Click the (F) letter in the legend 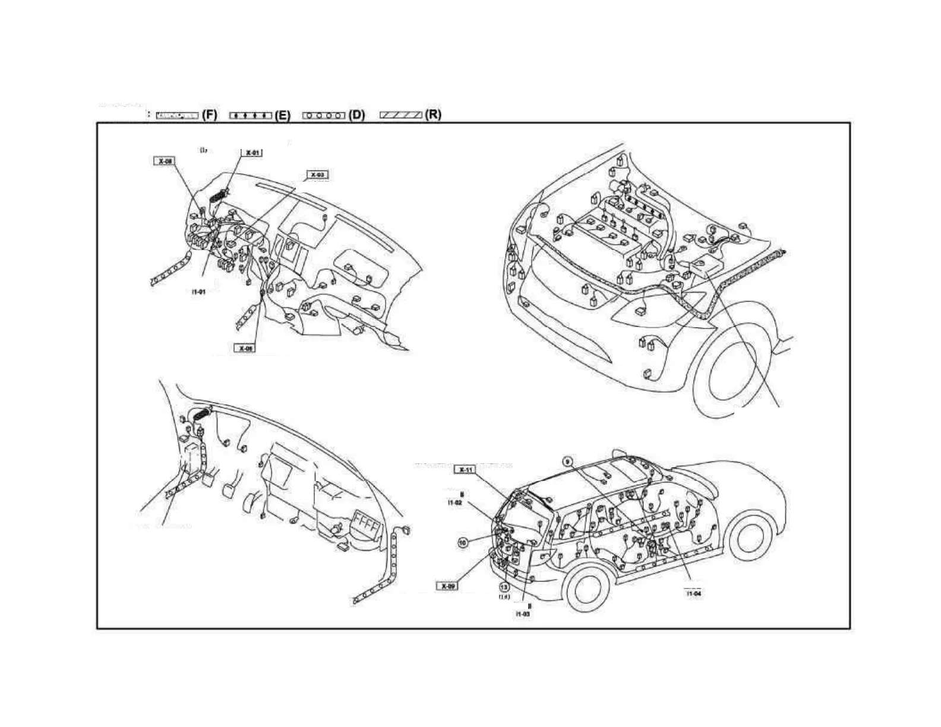[x=210, y=115]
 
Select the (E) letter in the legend [x=283, y=115]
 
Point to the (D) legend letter [x=356, y=115]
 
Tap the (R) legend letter [x=433, y=115]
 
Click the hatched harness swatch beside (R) [x=401, y=115]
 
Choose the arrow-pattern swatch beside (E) [x=250, y=115]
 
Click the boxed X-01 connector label [x=252, y=153]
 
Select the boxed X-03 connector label [x=317, y=175]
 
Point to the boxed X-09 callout [x=448, y=586]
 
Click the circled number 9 [x=567, y=462]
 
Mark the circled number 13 [x=504, y=585]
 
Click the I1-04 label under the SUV [x=694, y=593]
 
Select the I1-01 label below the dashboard [x=199, y=292]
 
